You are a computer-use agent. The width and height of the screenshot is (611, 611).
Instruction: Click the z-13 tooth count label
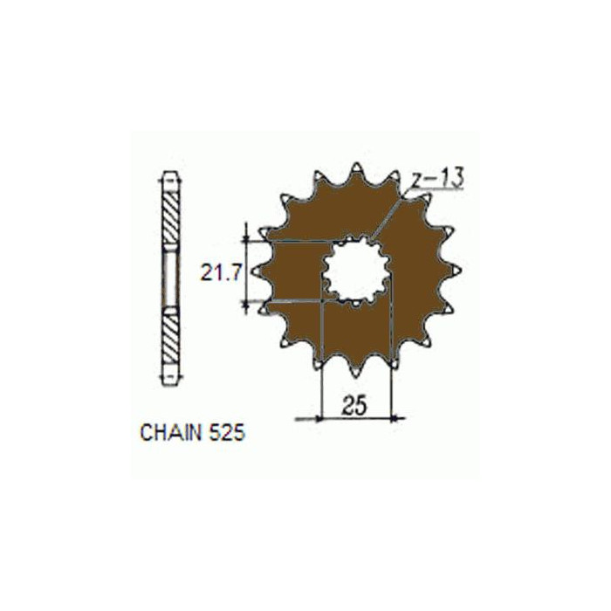tap(438, 178)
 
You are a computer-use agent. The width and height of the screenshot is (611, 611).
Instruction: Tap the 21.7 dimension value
tap(220, 272)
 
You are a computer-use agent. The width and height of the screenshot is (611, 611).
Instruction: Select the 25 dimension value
tap(354, 405)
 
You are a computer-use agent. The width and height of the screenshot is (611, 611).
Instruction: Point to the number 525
tap(227, 433)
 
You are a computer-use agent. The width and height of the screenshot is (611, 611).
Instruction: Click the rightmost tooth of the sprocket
tap(454, 271)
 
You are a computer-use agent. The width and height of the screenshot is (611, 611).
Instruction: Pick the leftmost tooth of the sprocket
tap(259, 271)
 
